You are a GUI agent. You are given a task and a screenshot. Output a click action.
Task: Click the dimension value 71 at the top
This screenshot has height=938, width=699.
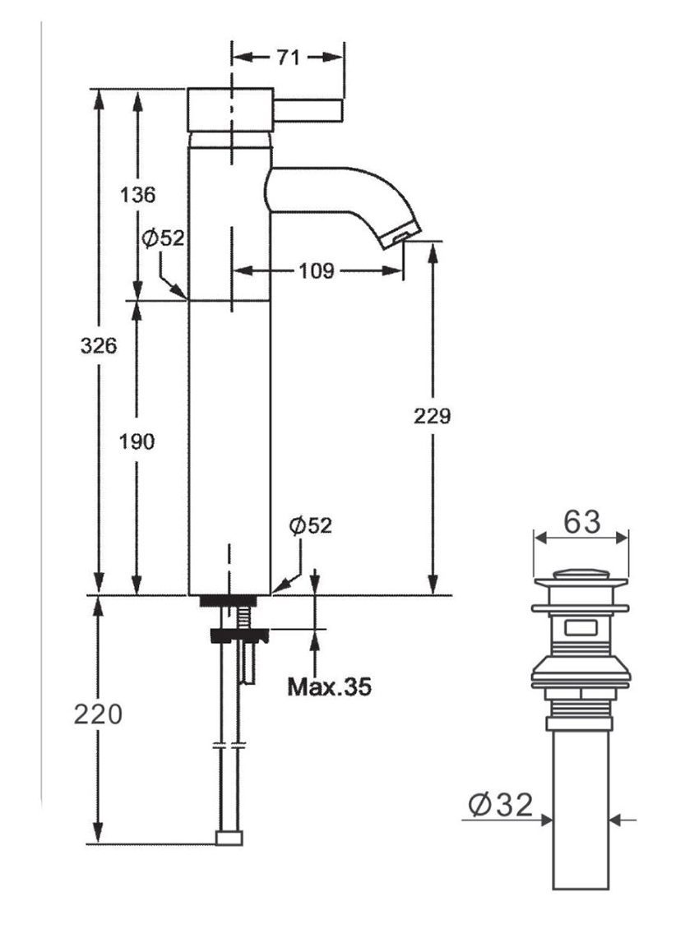(287, 58)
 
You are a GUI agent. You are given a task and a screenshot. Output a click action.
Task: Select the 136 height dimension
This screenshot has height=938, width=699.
(137, 196)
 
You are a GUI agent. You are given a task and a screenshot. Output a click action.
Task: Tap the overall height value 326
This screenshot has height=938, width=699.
(98, 345)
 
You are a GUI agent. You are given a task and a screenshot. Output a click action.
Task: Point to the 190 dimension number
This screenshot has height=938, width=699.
(137, 441)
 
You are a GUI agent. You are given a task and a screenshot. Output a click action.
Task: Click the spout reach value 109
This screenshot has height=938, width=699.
(316, 270)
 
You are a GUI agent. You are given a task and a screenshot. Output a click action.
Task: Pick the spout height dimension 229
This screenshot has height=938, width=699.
(432, 416)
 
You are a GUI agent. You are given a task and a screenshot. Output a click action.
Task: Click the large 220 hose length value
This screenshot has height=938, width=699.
(98, 714)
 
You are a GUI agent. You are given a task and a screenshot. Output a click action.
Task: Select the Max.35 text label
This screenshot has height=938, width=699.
(329, 686)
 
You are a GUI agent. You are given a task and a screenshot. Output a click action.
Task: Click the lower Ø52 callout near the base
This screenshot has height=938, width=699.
(310, 526)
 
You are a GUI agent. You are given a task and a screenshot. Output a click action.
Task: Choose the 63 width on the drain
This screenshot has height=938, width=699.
(581, 521)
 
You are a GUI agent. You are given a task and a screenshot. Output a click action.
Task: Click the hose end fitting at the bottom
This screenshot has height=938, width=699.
(229, 838)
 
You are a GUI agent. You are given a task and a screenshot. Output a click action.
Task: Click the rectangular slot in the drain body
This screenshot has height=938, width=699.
(581, 631)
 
